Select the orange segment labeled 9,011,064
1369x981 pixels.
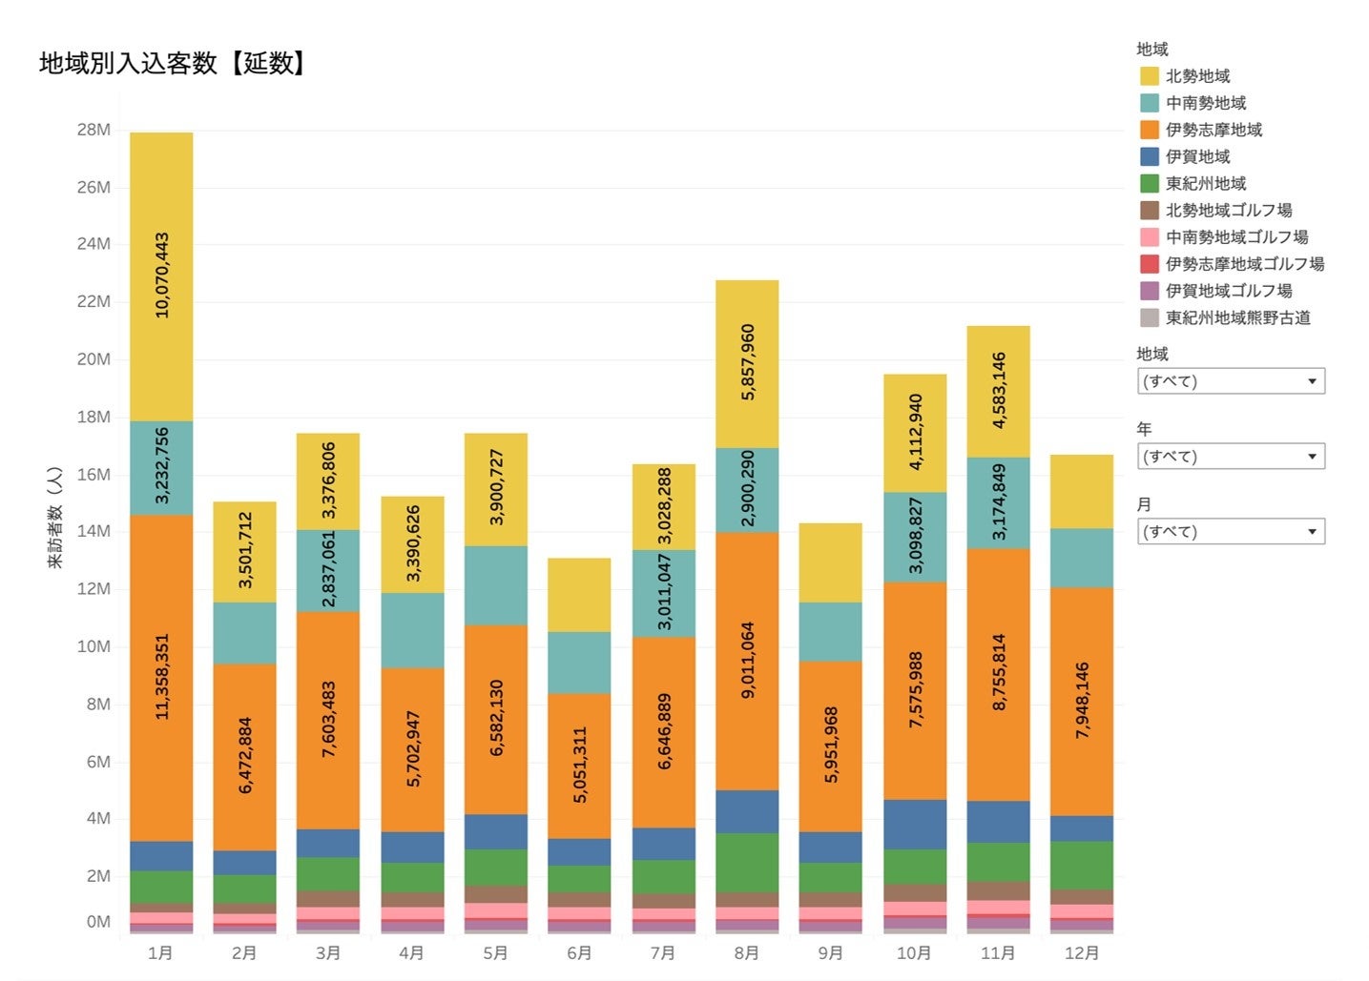[747, 660]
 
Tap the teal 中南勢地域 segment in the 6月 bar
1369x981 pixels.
[579, 662]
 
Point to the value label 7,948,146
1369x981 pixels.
[1082, 701]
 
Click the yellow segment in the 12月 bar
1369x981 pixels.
[1082, 491]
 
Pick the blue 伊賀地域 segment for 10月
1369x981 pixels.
[915, 824]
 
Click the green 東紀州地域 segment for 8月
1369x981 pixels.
[747, 862]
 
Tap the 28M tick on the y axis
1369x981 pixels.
[93, 130]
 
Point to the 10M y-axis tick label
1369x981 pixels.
[93, 646]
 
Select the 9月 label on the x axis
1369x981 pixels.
[831, 952]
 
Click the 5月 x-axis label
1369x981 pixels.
[496, 952]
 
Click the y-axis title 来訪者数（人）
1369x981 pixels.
[55, 518]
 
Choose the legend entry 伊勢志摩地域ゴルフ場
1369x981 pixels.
[1244, 264]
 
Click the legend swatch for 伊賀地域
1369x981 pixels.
[1150, 156]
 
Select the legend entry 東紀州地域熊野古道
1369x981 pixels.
[1237, 317]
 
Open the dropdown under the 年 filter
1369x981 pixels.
[1231, 457]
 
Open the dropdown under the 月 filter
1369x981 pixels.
[1231, 531]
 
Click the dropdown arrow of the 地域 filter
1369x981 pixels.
[1312, 381]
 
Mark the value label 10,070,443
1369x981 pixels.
[161, 276]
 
